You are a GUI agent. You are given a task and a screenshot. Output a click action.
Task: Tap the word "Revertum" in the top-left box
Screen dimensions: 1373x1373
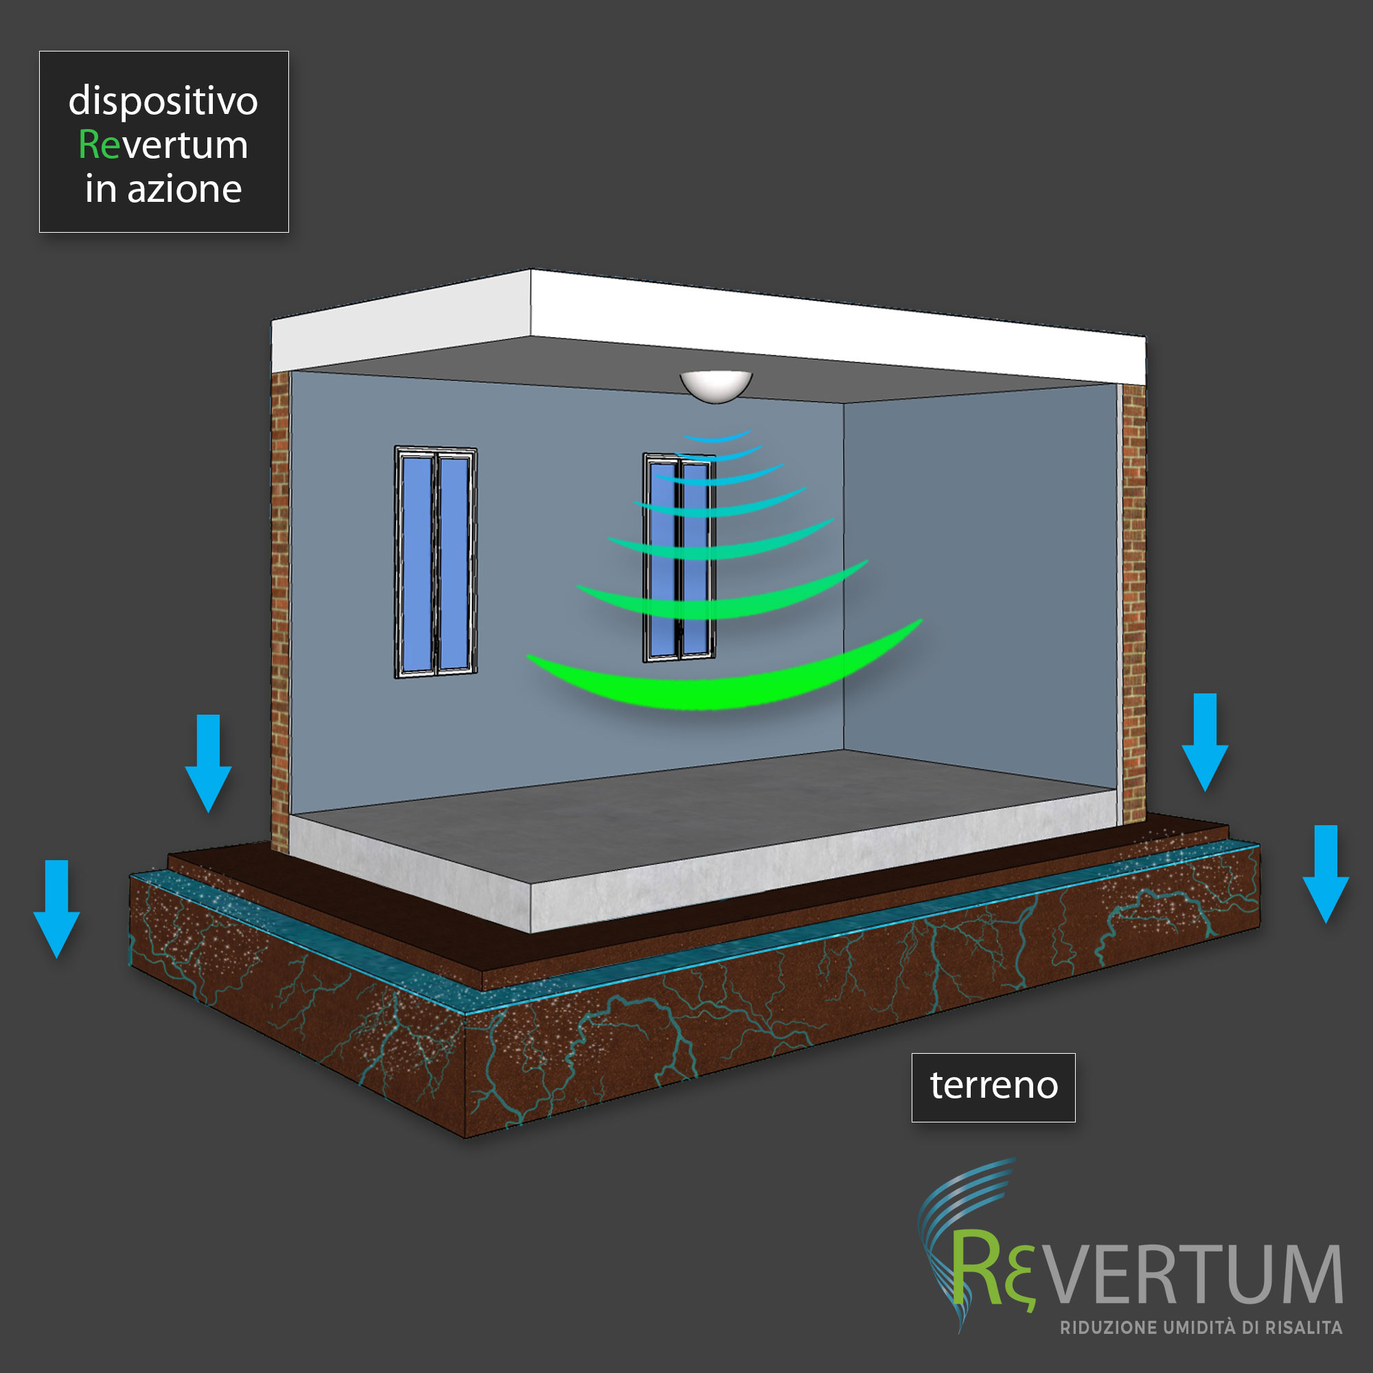pyautogui.click(x=163, y=145)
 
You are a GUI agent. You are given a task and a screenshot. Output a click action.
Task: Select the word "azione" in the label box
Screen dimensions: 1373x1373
pyautogui.click(x=185, y=189)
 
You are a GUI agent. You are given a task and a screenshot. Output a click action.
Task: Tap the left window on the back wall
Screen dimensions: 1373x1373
pyautogui.click(x=436, y=562)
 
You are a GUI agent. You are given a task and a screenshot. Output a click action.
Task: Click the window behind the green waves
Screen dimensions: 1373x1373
pyautogui.click(x=680, y=558)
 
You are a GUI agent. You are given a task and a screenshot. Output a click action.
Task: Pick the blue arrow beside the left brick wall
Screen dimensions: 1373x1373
pyautogui.click(x=208, y=763)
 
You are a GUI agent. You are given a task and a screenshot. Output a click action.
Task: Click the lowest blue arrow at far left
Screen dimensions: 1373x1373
pyautogui.click(x=57, y=909)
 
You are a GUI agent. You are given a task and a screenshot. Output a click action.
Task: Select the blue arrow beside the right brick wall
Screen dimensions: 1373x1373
pyautogui.click(x=1205, y=742)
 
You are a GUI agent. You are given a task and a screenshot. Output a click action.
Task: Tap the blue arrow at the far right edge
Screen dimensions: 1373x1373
pyautogui.click(x=1326, y=874)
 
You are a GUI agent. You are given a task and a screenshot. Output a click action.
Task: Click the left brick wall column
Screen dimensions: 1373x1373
pyautogui.click(x=281, y=611)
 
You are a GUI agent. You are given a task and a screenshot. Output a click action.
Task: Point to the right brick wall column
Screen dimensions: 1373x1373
pyautogui.click(x=1133, y=604)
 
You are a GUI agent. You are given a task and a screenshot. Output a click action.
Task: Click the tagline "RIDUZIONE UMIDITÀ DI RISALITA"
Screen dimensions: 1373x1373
pyautogui.click(x=1201, y=1328)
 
